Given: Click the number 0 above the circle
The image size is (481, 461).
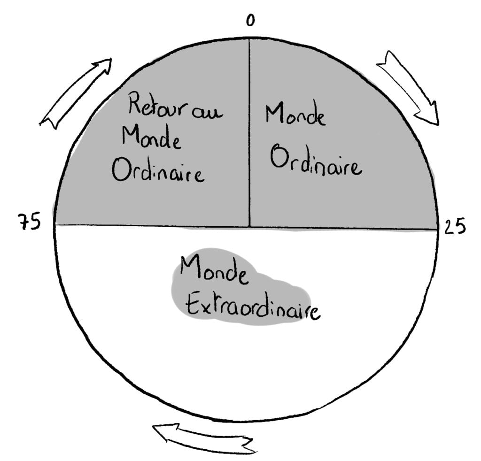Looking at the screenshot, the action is [x=250, y=20].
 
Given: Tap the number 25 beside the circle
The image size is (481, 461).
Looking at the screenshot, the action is [x=455, y=226].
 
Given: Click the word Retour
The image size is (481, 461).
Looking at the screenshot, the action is [x=158, y=105].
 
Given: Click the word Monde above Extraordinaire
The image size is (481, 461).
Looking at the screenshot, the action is [x=214, y=270].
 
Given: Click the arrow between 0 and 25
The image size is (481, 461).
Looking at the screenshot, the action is [x=408, y=88].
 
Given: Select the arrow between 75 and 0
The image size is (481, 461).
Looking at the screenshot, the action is [x=76, y=93].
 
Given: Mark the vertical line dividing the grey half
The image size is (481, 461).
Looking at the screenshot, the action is [x=249, y=132].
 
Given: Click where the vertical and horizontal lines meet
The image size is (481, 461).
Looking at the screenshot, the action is [x=249, y=227].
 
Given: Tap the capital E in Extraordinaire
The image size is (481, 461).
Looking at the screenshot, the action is [x=193, y=303].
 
